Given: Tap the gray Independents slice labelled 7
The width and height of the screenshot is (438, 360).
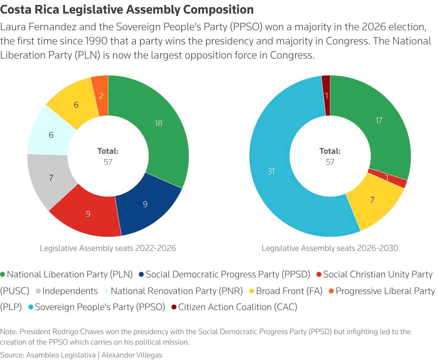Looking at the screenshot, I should point(51,178).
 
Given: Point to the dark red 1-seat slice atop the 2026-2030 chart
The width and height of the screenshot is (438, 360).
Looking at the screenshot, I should point(326,96).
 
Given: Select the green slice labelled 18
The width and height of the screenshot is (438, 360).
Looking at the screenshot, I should point(159,123).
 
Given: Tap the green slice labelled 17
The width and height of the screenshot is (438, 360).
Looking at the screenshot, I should point(379,120).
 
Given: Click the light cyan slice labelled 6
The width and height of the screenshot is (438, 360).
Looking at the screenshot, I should point(51,135).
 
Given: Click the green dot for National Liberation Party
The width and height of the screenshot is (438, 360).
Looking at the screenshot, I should point(3,274).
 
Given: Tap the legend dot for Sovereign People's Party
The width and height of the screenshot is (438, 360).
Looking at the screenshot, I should point(31,307).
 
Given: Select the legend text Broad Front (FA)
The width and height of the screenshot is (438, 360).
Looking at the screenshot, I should point(289,291).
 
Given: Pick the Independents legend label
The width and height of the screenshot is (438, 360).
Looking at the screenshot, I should point(70,291).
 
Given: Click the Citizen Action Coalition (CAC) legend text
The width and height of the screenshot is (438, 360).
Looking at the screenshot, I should point(238,307).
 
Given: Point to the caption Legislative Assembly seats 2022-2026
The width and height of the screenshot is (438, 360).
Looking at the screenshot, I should point(108,248).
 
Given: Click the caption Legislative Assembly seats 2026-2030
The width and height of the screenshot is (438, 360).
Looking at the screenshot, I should point(330,248).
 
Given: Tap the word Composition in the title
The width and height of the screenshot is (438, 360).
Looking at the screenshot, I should point(218,10).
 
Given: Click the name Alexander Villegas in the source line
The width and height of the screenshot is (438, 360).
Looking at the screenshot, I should point(132,355).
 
